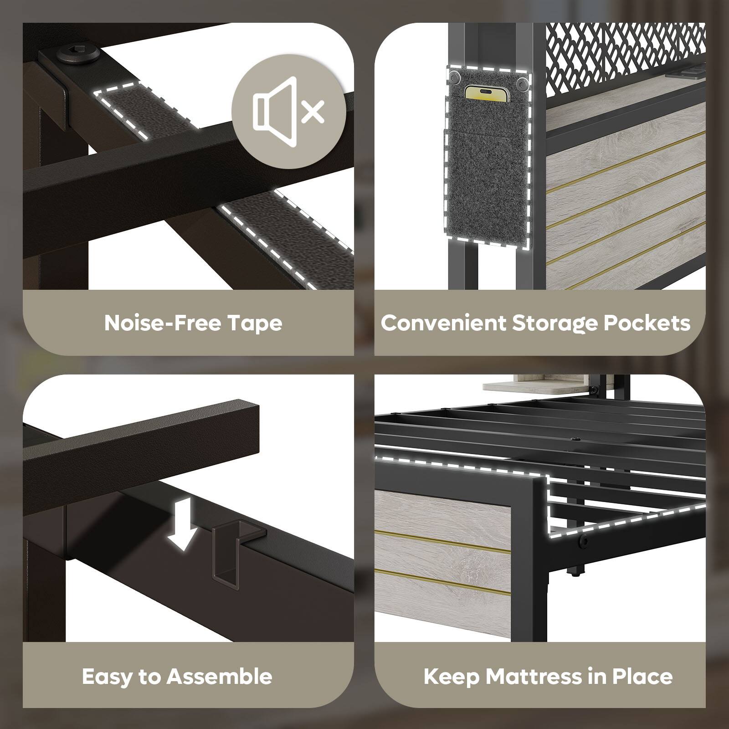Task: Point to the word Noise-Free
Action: pyautogui.click(x=163, y=323)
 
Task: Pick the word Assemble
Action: pyautogui.click(x=219, y=677)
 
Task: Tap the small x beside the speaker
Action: pyautogui.click(x=313, y=111)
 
